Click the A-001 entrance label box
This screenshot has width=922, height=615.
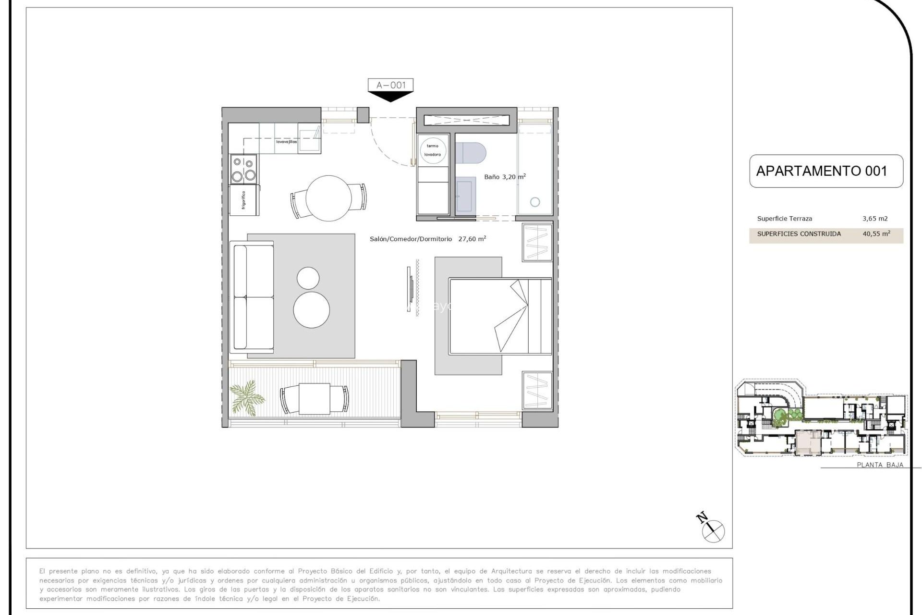click(390, 85)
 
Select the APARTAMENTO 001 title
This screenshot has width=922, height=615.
click(822, 171)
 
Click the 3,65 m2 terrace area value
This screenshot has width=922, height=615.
click(875, 219)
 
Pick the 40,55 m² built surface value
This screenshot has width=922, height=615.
click(876, 234)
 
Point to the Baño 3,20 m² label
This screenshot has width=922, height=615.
click(504, 177)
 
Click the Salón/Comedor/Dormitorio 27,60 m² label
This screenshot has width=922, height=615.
click(427, 239)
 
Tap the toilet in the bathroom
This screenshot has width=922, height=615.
click(470, 153)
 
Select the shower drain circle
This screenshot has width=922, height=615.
click(535, 202)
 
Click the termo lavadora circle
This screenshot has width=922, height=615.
click(433, 150)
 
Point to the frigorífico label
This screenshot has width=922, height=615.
click(244, 200)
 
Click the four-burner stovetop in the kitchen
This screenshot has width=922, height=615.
click(243, 169)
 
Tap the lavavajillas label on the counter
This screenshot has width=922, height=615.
click(286, 142)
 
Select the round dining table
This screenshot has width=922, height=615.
click(328, 198)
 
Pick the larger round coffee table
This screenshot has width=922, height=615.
click(311, 310)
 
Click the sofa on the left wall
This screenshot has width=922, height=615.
click(253, 296)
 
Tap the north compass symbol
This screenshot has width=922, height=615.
click(713, 530)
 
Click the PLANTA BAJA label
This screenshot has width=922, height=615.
click(880, 465)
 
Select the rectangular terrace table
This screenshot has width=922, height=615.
click(315, 399)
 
